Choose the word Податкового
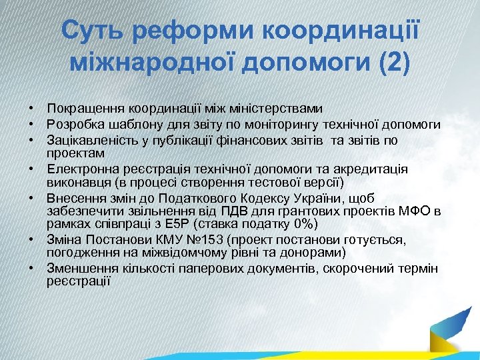(181, 198)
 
